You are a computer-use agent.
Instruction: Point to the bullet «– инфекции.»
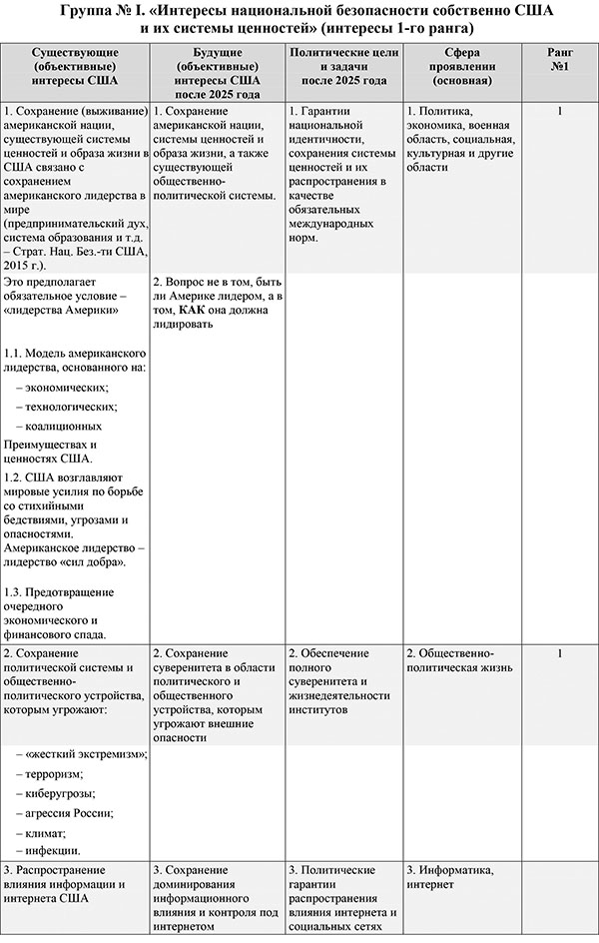pyautogui.click(x=53, y=850)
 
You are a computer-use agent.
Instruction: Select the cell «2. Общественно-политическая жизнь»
pyautogui.click(x=458, y=659)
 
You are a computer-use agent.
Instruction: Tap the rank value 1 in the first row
pyautogui.click(x=559, y=111)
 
